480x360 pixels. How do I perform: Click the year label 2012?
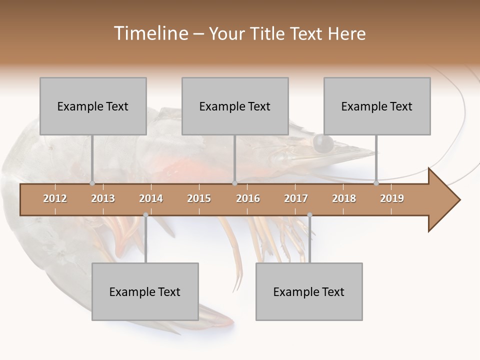55,198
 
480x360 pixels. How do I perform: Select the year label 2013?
103,198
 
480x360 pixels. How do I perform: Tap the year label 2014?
151,198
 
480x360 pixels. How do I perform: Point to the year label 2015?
199,198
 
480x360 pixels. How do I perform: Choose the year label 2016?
248,198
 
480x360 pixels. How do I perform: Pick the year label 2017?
296,198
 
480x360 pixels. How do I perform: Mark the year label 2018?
344,198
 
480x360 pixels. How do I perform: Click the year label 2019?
392,198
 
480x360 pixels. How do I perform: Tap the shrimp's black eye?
322,143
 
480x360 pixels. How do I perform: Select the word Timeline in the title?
150,33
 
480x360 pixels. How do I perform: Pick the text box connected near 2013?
93,106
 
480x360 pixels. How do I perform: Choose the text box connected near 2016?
235,106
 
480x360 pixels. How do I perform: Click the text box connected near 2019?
377,106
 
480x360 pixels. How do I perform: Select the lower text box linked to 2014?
145,291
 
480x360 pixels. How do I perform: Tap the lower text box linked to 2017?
309,291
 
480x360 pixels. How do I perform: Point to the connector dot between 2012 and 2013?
92,183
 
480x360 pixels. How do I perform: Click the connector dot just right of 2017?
309,215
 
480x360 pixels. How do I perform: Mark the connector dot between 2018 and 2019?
376,183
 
